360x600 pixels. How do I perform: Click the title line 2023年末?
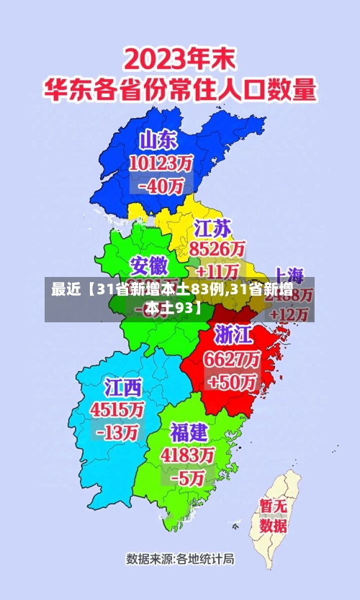click(x=179, y=58)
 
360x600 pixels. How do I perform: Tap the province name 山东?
click(x=160, y=140)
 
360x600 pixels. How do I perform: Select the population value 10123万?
click(x=161, y=163)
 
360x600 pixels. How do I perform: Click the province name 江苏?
click(x=213, y=229)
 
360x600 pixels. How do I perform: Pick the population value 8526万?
click(x=217, y=249)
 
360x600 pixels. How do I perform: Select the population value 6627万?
click(x=234, y=358)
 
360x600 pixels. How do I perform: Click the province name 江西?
click(x=124, y=388)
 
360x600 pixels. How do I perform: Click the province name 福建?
click(x=189, y=432)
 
